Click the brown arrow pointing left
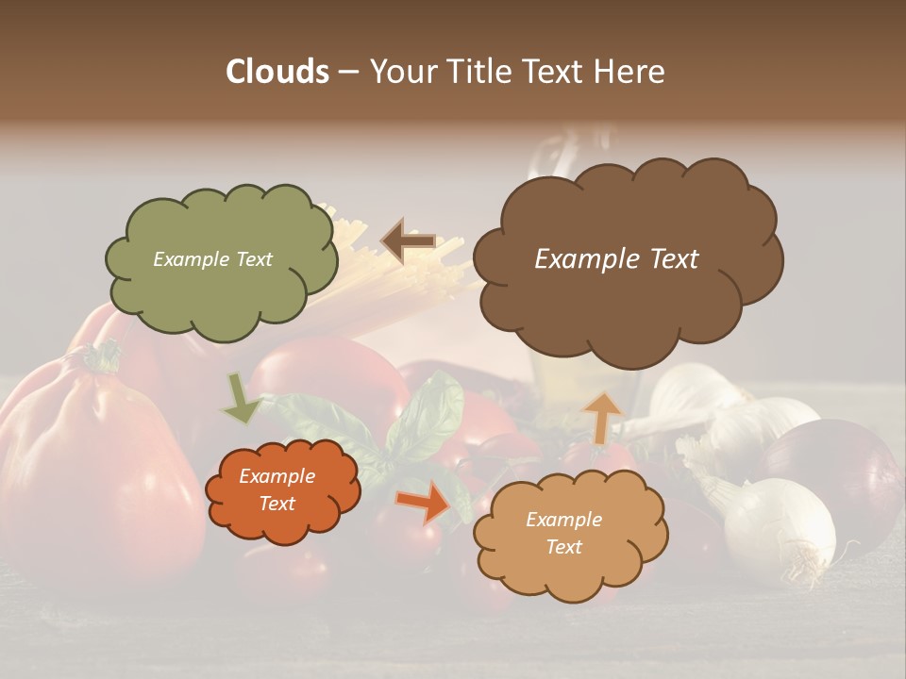408,241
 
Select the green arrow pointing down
241,399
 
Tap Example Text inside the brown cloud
616,259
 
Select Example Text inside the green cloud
212,259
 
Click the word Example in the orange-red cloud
277,476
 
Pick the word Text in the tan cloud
563,547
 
